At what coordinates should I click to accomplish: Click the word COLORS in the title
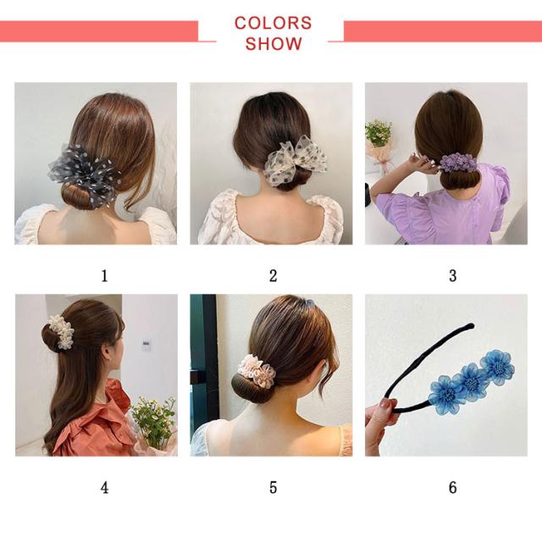click(273, 23)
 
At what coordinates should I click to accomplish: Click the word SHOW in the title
click(274, 43)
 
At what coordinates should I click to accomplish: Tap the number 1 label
click(104, 276)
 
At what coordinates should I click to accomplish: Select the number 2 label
click(273, 276)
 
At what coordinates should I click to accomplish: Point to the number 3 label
click(452, 276)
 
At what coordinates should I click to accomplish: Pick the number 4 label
click(104, 488)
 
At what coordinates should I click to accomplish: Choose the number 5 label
click(273, 488)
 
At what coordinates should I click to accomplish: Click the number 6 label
click(452, 488)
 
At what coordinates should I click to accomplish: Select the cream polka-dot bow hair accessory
click(295, 160)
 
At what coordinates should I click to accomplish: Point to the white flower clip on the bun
click(61, 331)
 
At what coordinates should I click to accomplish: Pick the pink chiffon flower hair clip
click(257, 371)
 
